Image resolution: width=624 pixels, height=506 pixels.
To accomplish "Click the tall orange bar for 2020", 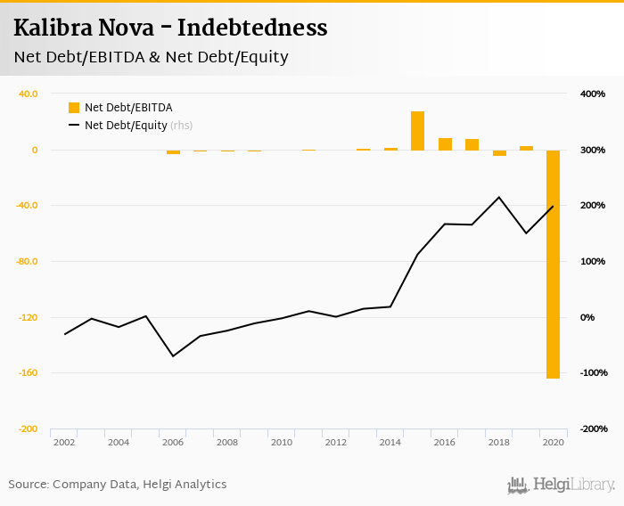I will click(553, 264).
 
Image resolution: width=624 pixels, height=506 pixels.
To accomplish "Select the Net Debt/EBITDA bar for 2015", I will click(417, 131).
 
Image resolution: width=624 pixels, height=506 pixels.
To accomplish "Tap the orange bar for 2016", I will click(445, 144).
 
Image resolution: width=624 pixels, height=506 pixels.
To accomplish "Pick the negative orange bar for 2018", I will click(499, 153).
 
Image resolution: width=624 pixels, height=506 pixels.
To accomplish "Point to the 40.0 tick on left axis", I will click(28, 94).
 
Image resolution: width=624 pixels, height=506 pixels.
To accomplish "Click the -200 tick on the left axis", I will click(28, 428).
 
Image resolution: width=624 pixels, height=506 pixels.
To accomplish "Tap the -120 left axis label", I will click(28, 317).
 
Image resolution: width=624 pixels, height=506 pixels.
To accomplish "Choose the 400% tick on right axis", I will click(593, 94).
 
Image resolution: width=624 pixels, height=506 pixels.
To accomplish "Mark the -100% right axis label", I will click(592, 372).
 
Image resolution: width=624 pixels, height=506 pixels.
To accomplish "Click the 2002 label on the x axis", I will click(64, 442).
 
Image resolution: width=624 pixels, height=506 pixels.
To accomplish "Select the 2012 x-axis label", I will click(335, 442).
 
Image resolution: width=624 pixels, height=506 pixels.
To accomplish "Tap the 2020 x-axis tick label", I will click(553, 442).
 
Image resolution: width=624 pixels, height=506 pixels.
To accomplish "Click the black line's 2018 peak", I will click(499, 197).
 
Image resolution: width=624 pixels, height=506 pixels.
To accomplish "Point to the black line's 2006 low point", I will click(173, 356).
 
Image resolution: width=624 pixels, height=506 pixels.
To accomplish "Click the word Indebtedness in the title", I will click(252, 28).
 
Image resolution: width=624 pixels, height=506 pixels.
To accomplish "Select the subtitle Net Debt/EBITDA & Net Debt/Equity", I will click(151, 58).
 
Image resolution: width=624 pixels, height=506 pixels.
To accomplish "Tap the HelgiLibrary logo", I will click(561, 485).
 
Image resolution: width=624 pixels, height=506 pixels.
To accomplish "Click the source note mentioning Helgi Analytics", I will click(118, 485).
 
